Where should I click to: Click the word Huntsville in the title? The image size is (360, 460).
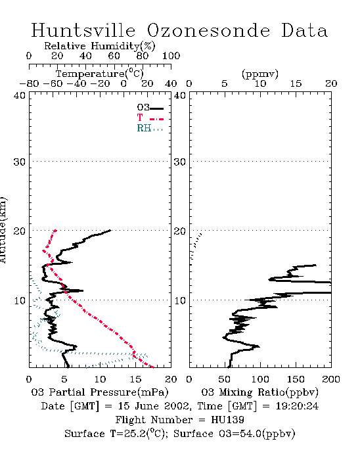click(83, 30)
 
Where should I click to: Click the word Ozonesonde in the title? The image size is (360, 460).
click(208, 30)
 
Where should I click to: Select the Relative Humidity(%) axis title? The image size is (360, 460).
click(100, 46)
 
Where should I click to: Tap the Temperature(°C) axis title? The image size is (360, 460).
click(100, 74)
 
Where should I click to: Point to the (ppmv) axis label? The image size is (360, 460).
click(260, 74)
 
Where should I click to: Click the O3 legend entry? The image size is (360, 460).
click(150, 108)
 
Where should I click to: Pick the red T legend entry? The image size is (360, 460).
click(150, 118)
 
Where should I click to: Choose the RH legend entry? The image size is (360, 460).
click(150, 128)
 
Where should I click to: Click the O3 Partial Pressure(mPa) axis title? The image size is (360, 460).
click(100, 392)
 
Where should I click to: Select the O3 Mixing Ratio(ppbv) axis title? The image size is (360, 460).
click(259, 392)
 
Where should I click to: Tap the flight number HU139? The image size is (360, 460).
click(227, 420)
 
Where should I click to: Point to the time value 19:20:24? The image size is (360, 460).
click(297, 406)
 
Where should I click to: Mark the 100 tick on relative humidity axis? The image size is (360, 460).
click(171, 56)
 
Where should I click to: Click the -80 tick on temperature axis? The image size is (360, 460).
click(29, 83)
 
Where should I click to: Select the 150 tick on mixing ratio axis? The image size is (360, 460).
click(296, 379)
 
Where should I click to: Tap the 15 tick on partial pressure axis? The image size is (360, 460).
click(135, 379)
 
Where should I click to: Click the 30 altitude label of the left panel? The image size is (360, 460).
click(19, 162)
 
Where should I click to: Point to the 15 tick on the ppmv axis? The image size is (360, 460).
click(296, 83)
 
